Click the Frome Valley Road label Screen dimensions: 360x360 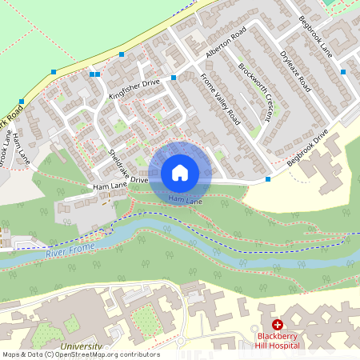[220, 99]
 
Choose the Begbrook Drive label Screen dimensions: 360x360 [308, 151]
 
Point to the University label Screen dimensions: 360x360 [80, 347]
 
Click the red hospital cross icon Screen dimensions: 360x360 [278, 325]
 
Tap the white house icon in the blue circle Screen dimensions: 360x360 [180, 172]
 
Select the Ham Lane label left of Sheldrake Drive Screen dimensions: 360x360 [110, 186]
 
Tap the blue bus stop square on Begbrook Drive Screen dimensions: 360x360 [267, 179]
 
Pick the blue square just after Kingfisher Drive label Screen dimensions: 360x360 [173, 78]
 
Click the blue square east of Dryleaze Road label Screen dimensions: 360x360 [342, 72]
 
